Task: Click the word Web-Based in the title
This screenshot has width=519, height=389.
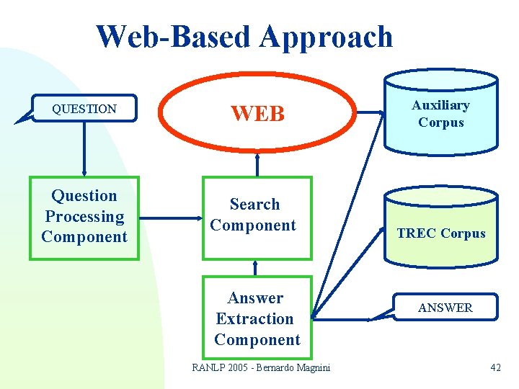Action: point(175,37)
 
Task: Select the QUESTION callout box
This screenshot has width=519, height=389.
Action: point(84,109)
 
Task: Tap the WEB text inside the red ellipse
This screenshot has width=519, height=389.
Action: point(258,114)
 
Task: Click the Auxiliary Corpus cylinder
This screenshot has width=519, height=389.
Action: point(440,114)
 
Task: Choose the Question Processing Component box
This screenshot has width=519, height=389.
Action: point(84,217)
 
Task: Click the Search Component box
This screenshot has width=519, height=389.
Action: point(257,217)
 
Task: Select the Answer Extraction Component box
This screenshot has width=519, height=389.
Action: point(257,318)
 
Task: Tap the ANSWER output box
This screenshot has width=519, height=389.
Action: point(445,308)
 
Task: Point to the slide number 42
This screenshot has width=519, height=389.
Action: point(495,367)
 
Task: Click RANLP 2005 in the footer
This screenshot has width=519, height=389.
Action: point(219,367)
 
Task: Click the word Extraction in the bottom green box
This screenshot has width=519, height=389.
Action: point(255,318)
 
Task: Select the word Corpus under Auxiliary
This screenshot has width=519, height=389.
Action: point(440,122)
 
